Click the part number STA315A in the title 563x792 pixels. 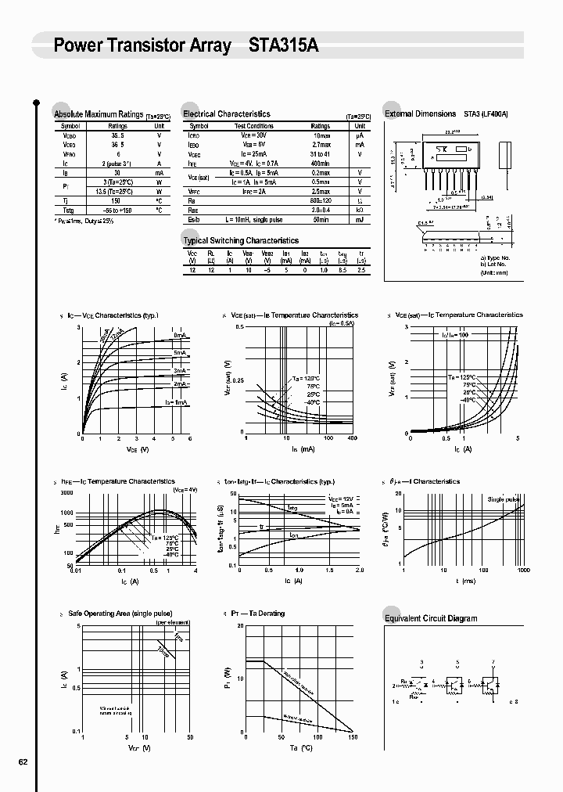point(283,46)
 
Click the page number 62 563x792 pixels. point(23,762)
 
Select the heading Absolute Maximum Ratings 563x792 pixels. point(99,114)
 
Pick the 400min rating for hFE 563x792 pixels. point(320,163)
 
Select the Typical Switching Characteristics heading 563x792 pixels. point(240,240)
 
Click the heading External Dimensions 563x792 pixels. point(420,114)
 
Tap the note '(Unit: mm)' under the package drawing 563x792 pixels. point(494,272)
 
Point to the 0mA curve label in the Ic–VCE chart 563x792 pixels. point(180,336)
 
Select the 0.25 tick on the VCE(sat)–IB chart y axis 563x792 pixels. point(238,380)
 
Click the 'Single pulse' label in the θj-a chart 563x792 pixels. point(503,499)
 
